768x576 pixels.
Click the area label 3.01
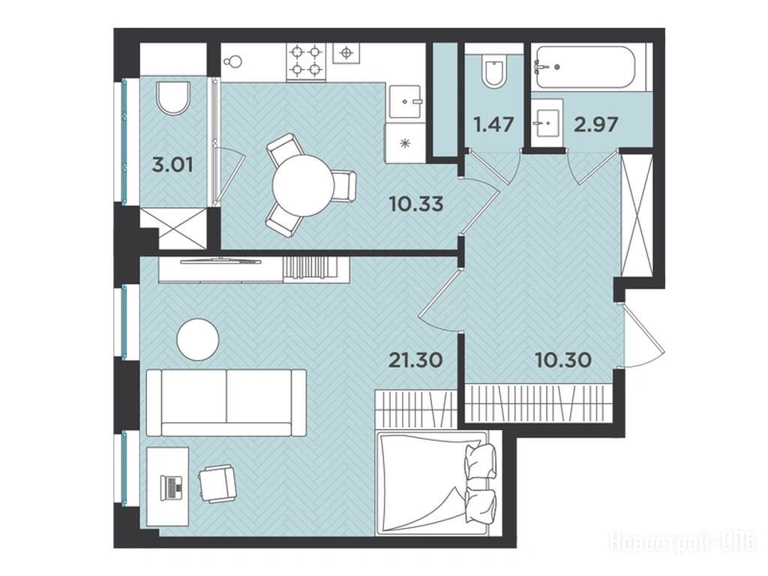pyautogui.click(x=172, y=165)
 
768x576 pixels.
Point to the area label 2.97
pyautogui.click(x=595, y=124)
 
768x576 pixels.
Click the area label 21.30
pyautogui.click(x=415, y=361)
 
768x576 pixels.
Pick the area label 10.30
pyautogui.click(x=563, y=361)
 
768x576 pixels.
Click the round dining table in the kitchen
pyautogui.click(x=304, y=186)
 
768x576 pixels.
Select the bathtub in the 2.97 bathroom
pyautogui.click(x=586, y=67)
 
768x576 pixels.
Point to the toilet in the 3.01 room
pyautogui.click(x=173, y=98)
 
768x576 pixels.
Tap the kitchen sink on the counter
pyautogui.click(x=406, y=102)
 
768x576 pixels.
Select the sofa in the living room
pyautogui.click(x=226, y=403)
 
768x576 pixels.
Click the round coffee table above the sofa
pyautogui.click(x=198, y=340)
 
